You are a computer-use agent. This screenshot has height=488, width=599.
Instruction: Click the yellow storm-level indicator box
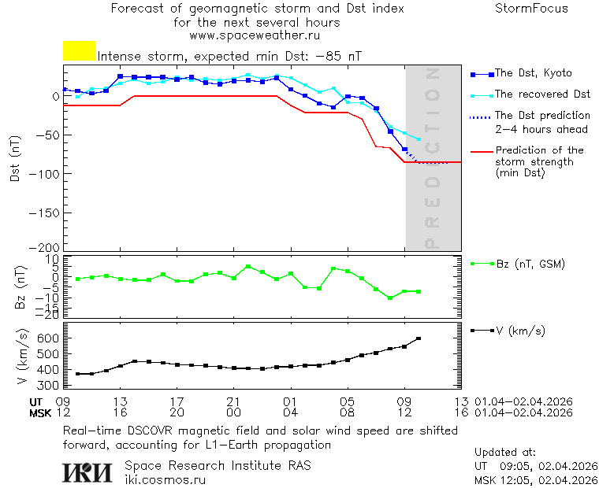(79, 51)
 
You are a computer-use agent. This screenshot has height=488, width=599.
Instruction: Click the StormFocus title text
(531, 9)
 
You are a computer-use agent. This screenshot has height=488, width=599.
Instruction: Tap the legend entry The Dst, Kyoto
(533, 73)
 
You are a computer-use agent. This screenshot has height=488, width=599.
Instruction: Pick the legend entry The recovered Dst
(542, 94)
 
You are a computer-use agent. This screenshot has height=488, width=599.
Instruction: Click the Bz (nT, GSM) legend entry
(530, 264)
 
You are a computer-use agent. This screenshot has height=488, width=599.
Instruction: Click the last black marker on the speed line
(419, 338)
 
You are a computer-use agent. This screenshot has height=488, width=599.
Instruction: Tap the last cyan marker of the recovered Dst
(419, 139)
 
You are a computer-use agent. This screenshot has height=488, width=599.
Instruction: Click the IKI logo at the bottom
(87, 472)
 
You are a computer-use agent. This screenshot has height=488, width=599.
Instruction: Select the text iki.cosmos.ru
(166, 479)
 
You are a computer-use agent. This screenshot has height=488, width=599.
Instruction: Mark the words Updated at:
(505, 453)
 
